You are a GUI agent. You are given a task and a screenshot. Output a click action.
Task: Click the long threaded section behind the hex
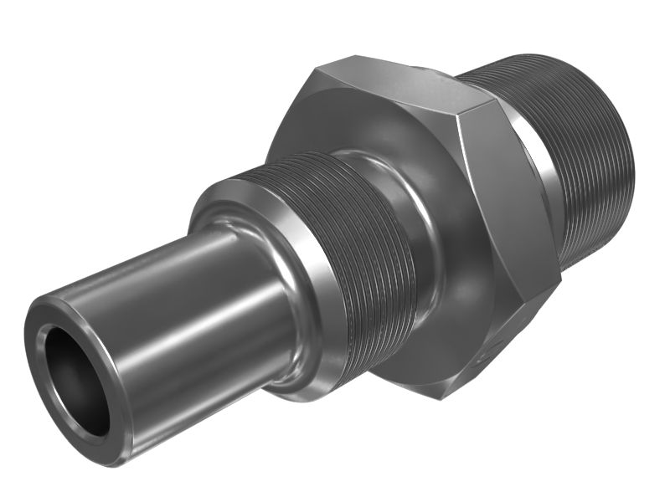click(x=586, y=167)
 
